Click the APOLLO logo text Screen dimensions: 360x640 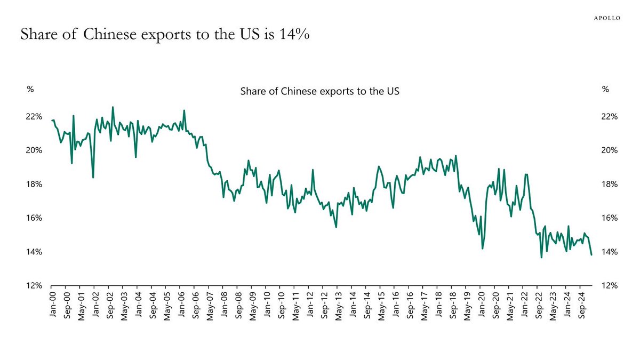pyautogui.click(x=607, y=18)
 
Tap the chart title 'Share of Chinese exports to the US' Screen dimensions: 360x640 pyautogui.click(x=320, y=91)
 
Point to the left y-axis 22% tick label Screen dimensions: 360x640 pyautogui.click(x=34, y=116)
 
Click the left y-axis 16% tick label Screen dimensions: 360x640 pyautogui.click(x=34, y=218)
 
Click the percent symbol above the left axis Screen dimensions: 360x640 pyautogui.click(x=30, y=90)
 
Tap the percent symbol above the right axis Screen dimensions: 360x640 pyautogui.click(x=605, y=90)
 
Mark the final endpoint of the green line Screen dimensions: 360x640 pyautogui.click(x=591, y=254)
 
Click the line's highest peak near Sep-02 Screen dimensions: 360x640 pyautogui.click(x=113, y=107)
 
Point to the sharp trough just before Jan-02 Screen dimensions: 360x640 pyautogui.click(x=93, y=177)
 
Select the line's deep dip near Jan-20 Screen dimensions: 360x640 pyautogui.click(x=482, y=248)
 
